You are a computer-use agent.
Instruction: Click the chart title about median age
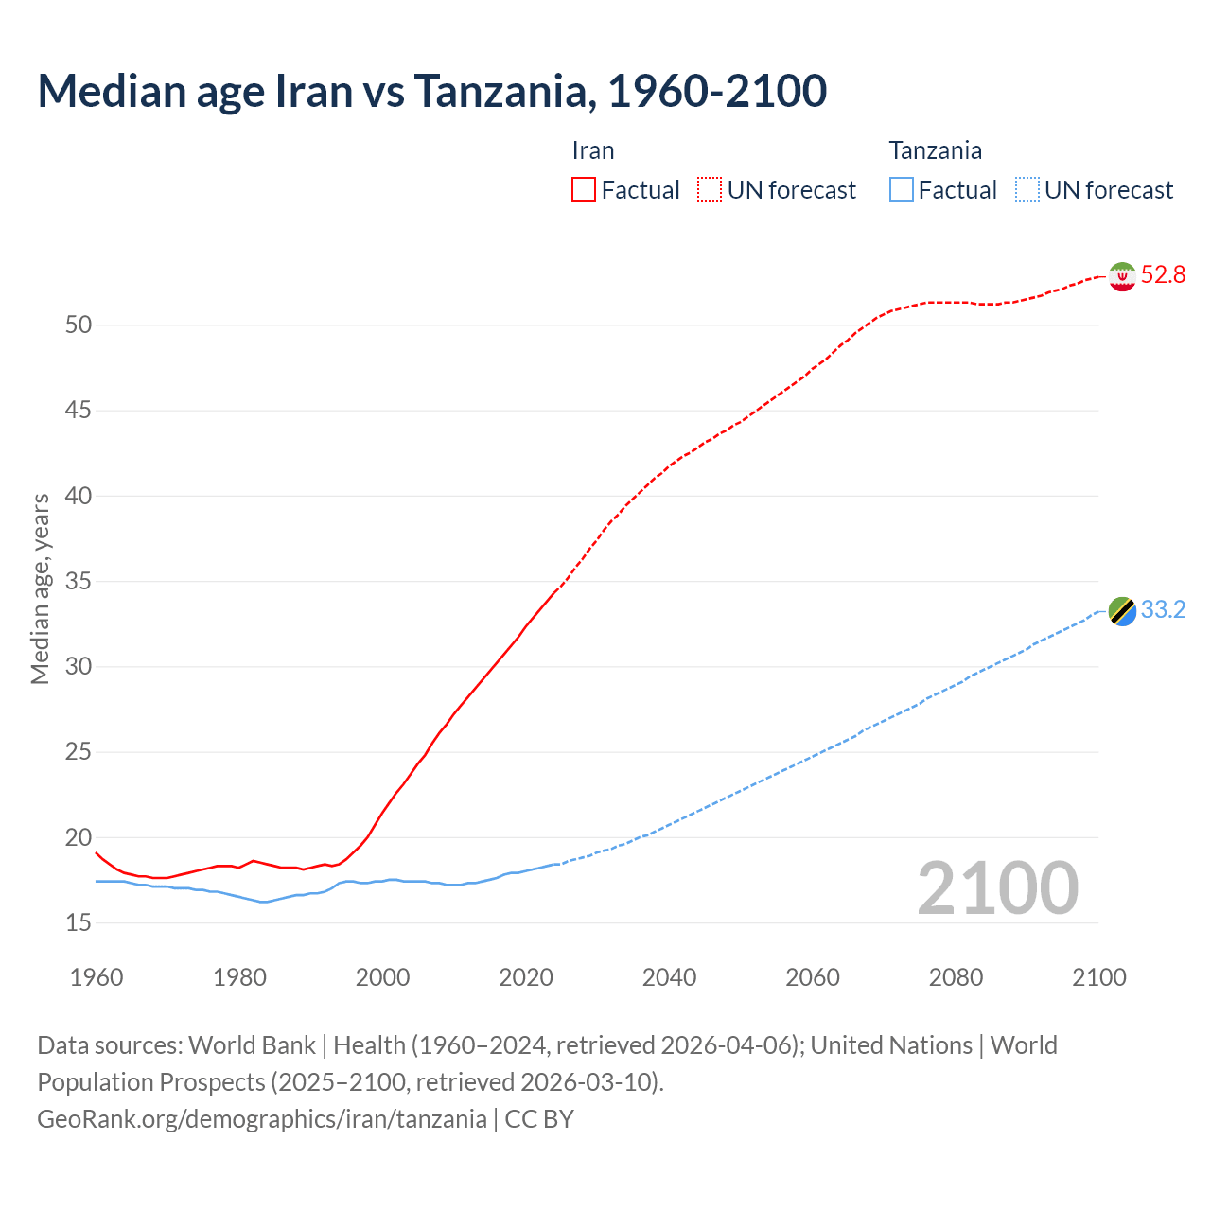(432, 91)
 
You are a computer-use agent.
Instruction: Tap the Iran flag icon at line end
(1122, 276)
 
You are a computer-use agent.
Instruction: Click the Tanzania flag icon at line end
(1122, 611)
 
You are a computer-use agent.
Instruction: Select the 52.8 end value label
(1163, 275)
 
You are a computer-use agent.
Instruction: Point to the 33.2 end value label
(1163, 610)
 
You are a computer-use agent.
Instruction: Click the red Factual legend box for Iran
(584, 189)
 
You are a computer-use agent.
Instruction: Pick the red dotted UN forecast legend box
(710, 189)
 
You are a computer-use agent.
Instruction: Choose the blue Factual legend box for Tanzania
(902, 189)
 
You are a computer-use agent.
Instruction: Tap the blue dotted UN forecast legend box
(1027, 189)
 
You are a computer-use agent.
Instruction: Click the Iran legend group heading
(593, 150)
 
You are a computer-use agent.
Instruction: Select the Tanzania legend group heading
(935, 150)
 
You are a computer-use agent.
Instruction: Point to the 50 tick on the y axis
(79, 325)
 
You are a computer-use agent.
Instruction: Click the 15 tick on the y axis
(79, 922)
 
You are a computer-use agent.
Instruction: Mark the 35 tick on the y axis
(79, 581)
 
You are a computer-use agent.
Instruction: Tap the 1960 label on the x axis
(97, 977)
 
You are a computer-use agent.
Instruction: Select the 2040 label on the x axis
(669, 977)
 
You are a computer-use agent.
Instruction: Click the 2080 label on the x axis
(956, 977)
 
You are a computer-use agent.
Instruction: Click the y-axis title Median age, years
(40, 588)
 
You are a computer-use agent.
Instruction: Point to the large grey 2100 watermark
(997, 887)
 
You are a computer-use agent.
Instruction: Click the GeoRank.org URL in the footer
(262, 1119)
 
